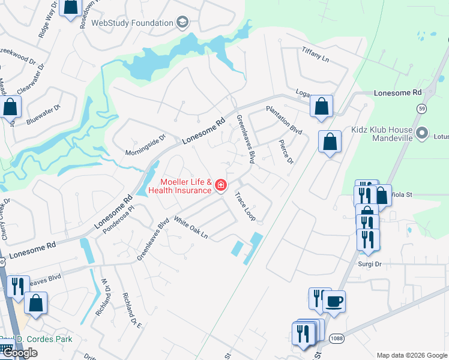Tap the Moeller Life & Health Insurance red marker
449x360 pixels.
coord(221,186)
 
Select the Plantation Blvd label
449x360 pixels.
coord(284,120)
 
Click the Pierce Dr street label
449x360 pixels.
coord(286,152)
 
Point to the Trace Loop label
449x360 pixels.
coord(245,205)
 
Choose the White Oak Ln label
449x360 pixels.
coord(190,228)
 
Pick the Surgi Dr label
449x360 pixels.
coord(370,264)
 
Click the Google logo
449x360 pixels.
coord(19,352)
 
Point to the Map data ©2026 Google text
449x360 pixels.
coord(411,355)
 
